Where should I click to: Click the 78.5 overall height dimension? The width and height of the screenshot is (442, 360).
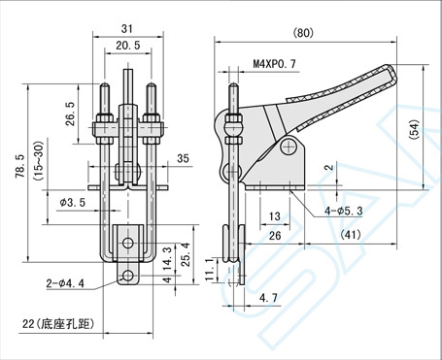point(20,166)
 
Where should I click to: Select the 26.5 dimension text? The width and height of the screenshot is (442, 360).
point(70,114)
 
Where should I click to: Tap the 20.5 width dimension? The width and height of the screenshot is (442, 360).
point(128,46)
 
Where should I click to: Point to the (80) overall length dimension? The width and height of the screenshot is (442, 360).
point(303,33)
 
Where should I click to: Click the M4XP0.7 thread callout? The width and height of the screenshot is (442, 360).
point(274,64)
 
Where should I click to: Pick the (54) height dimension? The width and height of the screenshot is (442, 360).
point(414,129)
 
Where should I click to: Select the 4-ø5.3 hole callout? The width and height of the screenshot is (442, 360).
point(344,212)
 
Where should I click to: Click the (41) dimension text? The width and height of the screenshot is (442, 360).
point(351,235)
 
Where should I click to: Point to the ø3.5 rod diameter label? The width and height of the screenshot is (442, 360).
point(73,203)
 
